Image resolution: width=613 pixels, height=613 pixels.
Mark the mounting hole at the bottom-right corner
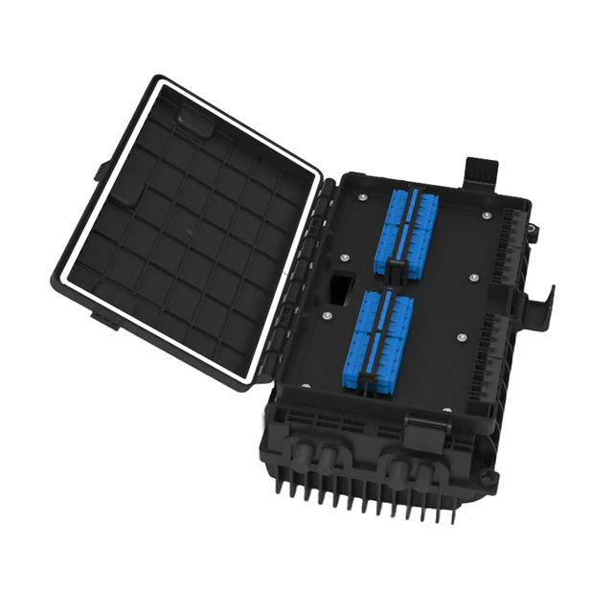pos(488,477)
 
